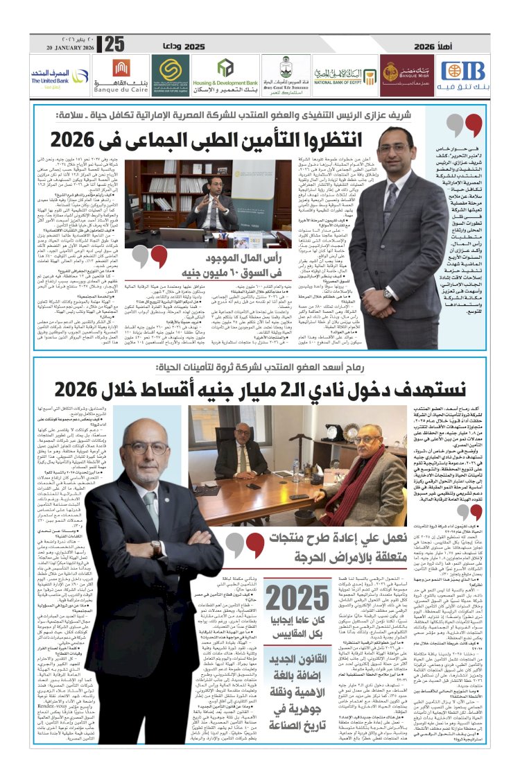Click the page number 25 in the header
point(114,44)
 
